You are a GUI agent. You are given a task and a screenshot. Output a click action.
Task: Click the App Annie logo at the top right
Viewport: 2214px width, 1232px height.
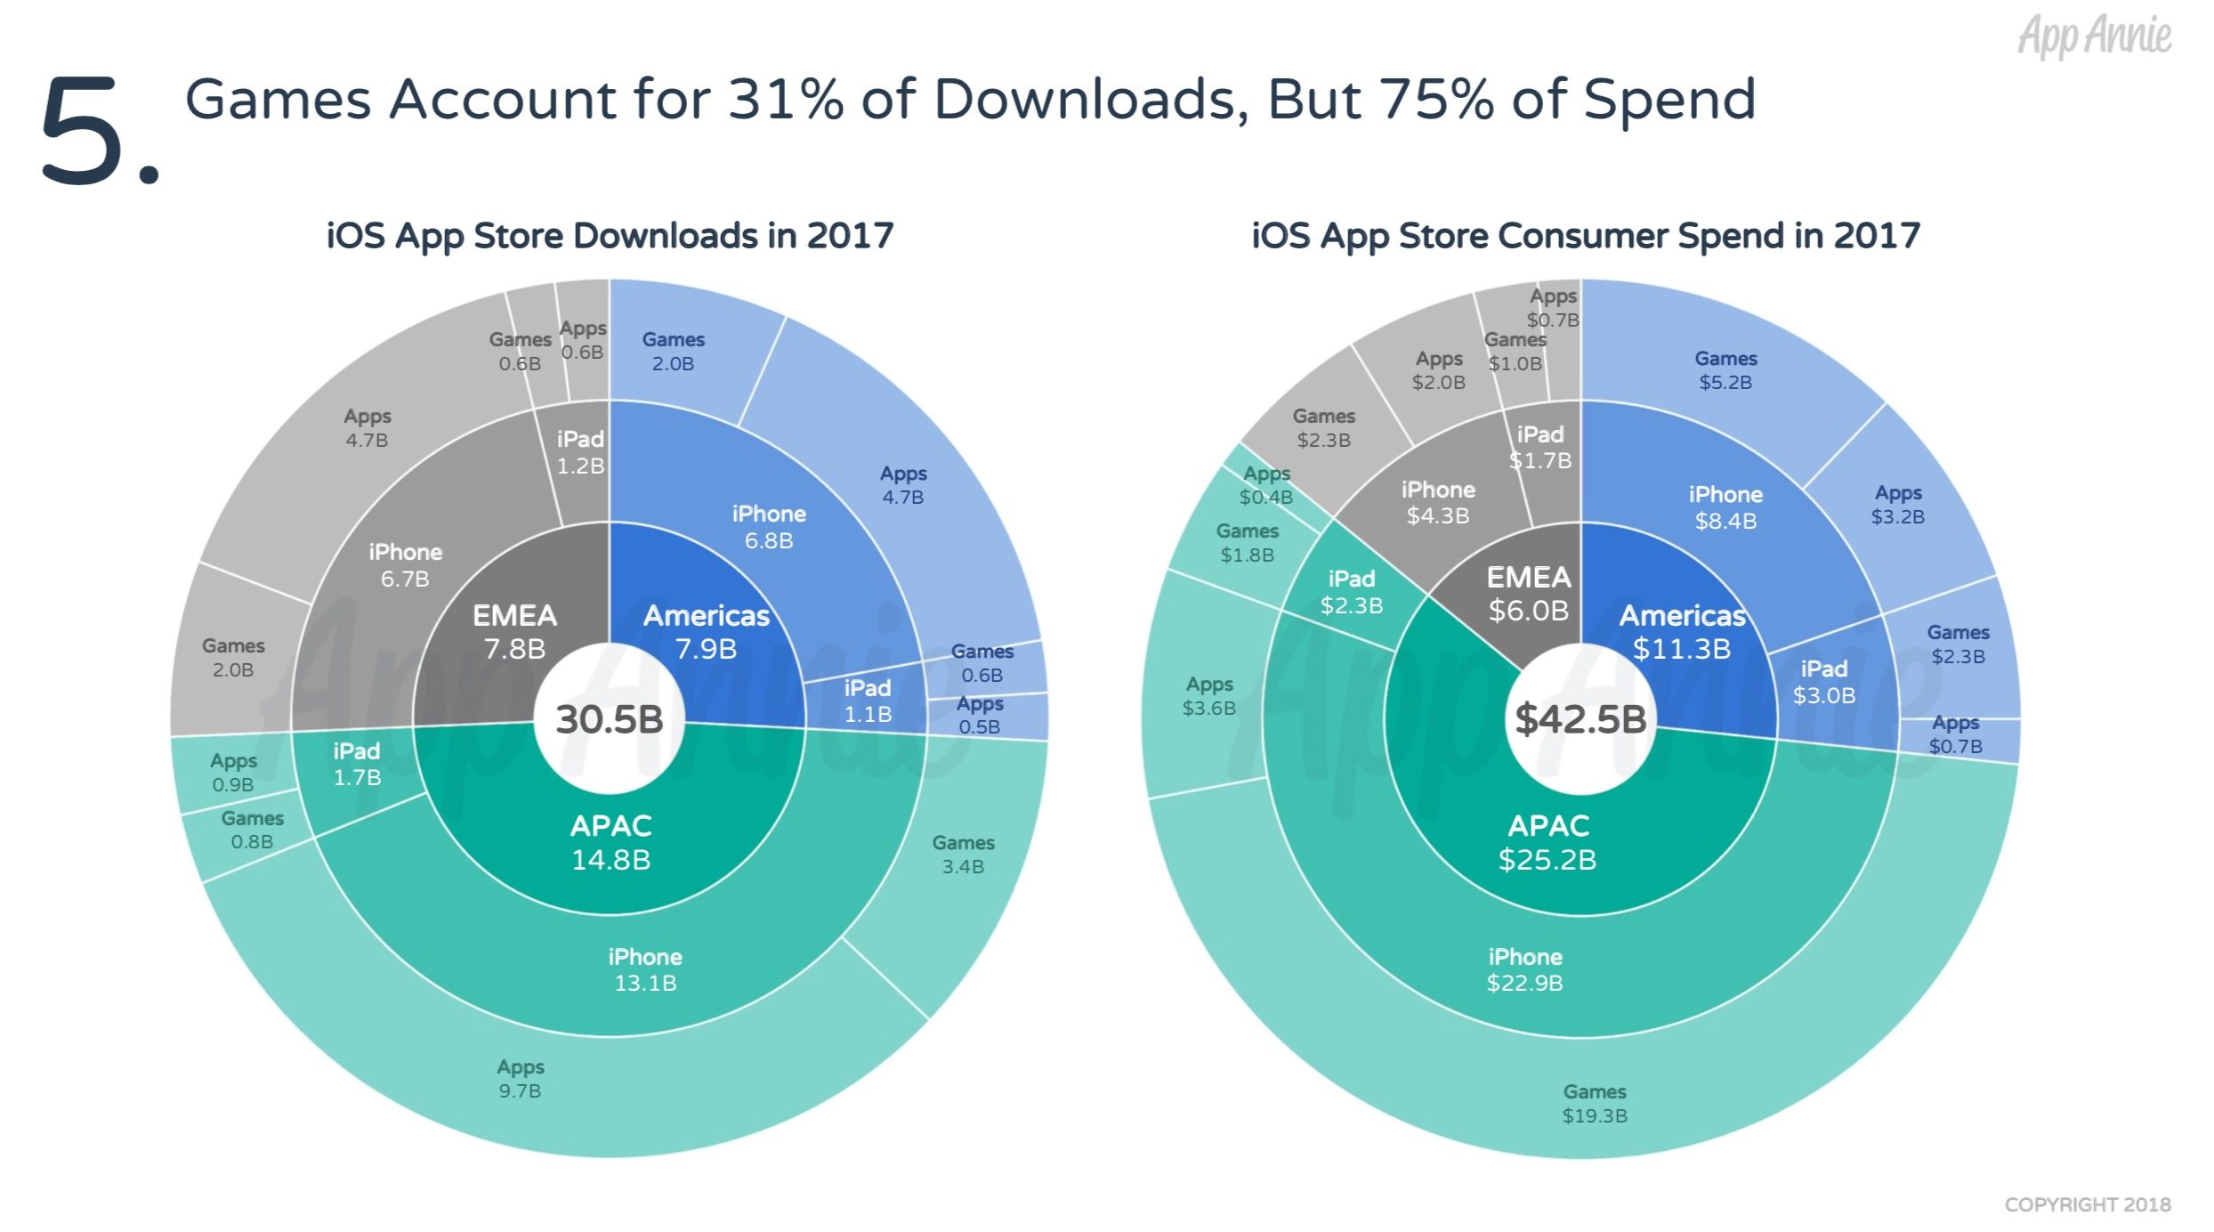[2094, 36]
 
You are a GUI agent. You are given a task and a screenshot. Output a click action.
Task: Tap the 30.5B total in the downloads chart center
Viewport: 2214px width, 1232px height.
[610, 719]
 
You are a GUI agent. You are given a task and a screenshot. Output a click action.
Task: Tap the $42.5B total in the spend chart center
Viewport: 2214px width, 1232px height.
[1580, 719]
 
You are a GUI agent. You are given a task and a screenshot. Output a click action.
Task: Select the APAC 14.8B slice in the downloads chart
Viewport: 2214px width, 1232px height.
[611, 842]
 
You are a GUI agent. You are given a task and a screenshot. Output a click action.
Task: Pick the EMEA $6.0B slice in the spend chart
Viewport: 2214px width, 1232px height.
[1529, 594]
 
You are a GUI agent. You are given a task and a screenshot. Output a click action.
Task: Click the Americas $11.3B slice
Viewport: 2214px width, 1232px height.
[1681, 632]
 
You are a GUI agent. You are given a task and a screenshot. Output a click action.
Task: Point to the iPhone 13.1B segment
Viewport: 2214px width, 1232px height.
[645, 969]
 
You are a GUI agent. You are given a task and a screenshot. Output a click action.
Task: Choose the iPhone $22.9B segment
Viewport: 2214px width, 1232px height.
[1524, 969]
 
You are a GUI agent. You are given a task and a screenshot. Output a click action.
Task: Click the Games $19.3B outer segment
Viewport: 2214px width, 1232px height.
[1595, 1103]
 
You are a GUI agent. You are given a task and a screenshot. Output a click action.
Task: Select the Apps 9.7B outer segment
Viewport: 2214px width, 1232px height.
[521, 1078]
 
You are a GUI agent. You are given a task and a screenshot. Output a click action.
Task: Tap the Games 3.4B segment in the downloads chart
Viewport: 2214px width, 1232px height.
[963, 855]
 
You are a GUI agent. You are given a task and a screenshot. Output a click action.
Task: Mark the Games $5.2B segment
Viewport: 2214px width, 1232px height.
[1725, 369]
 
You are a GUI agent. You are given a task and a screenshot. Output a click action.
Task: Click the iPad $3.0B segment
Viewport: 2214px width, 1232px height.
[1824, 682]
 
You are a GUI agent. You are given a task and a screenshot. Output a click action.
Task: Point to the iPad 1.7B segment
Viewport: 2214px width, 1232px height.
[357, 764]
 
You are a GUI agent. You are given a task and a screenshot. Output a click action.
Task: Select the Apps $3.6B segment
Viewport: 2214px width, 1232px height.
[1208, 696]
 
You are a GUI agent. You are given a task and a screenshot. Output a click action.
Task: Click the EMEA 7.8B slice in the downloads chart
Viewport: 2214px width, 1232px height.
[514, 632]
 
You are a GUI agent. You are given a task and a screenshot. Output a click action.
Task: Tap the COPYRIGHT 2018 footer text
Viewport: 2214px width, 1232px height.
[2087, 1204]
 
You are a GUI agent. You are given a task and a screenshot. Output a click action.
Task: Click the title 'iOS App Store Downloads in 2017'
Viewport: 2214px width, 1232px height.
[610, 236]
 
